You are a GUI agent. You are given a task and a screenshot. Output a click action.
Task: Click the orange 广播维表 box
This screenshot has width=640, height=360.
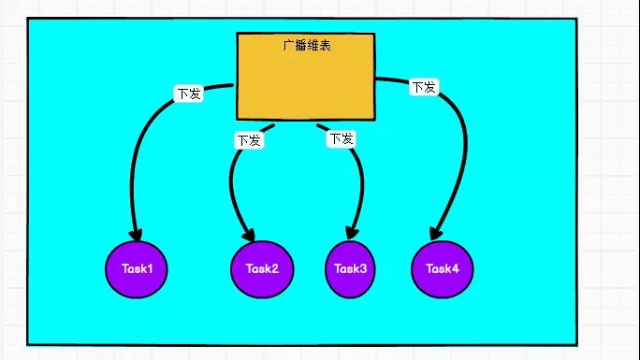[x=305, y=84]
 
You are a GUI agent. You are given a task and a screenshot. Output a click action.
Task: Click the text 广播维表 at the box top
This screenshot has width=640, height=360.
[x=305, y=45]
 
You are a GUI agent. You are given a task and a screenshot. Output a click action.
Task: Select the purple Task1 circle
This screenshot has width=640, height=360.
[x=137, y=268]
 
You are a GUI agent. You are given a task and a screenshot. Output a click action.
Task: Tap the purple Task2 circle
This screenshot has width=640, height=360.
[x=262, y=268]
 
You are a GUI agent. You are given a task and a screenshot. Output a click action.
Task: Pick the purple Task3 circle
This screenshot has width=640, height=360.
[x=351, y=268]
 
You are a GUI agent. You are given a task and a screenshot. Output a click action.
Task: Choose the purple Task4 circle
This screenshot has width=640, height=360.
[x=443, y=268]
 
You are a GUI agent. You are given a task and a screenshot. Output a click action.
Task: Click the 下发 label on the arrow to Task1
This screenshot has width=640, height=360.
[x=188, y=94]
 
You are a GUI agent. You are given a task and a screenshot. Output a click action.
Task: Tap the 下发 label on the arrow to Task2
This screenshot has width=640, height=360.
[x=248, y=140]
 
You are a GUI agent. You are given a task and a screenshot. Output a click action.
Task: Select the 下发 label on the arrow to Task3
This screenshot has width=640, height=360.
[x=342, y=139]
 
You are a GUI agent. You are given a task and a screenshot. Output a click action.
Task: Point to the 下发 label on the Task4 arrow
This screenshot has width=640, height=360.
[x=423, y=88]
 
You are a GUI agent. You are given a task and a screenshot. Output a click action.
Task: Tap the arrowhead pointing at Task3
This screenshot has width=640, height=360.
[x=353, y=232]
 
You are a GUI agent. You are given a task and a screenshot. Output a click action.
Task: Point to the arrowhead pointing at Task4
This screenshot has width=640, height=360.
[x=435, y=233]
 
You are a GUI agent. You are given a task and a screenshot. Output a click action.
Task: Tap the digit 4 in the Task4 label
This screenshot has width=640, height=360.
[x=456, y=268]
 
